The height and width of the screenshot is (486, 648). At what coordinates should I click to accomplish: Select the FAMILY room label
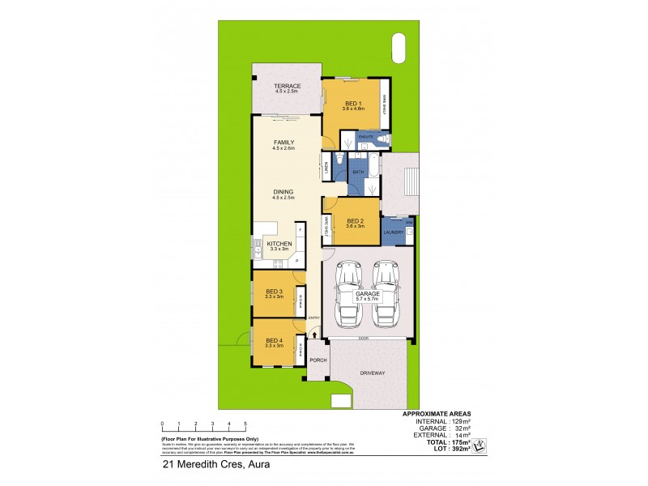pos(283,143)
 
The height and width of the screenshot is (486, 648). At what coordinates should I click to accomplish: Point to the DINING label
pos(283,192)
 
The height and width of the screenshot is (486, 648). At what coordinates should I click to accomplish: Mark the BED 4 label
pos(274,340)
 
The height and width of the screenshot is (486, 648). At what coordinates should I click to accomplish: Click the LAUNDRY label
pos(394,233)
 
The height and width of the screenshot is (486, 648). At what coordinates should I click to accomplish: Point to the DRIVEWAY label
pos(372,373)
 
